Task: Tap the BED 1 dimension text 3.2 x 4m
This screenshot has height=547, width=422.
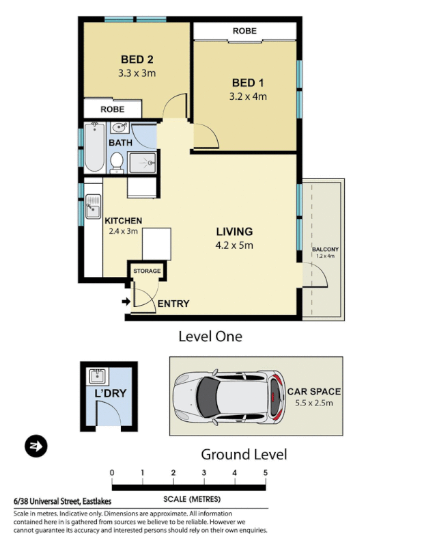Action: [248, 96]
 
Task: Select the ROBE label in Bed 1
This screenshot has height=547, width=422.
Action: [244, 31]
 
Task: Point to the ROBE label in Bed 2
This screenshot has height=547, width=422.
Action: [113, 109]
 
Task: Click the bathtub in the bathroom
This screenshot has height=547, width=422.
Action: [94, 148]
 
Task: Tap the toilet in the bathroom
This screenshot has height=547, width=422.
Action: [116, 162]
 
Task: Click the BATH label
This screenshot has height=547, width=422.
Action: [120, 143]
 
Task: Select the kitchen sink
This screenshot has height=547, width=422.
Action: [93, 206]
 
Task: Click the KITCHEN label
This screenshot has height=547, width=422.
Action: [123, 221]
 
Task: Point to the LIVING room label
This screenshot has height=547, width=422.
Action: [234, 232]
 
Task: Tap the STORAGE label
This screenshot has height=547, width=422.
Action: [147, 271]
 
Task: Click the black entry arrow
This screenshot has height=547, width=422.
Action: [126, 300]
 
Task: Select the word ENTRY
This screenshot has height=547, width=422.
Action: [173, 304]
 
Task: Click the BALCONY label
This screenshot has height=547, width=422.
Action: [325, 249]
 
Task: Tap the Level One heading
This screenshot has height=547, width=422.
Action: [210, 336]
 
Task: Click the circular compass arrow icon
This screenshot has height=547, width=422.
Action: [35, 446]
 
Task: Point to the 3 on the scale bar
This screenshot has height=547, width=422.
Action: [204, 472]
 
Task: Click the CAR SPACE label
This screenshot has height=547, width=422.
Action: [313, 392]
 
